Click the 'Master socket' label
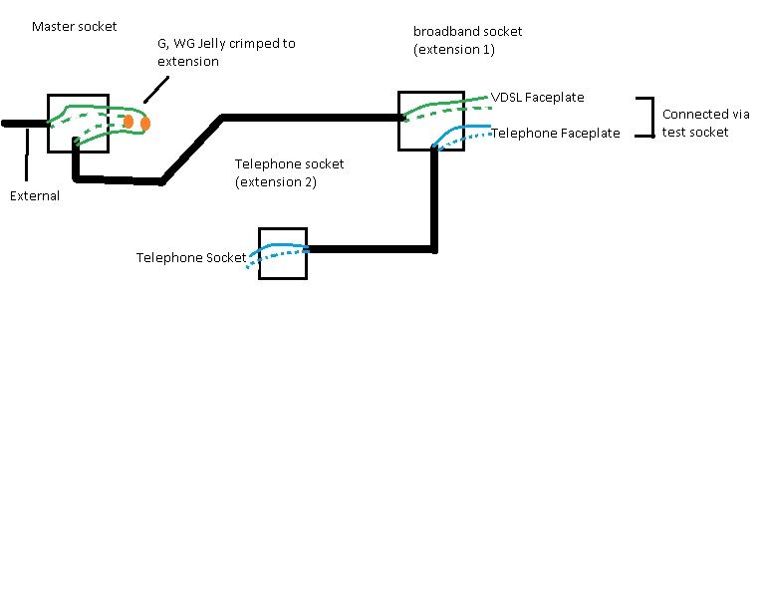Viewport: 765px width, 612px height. [74, 26]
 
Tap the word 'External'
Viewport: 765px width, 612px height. [35, 195]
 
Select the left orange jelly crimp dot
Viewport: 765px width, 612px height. [128, 122]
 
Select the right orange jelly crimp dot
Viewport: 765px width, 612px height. [144, 124]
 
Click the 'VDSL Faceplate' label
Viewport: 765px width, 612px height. [537, 97]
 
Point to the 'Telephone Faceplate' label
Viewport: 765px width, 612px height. [555, 133]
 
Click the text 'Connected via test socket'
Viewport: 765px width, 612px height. [705, 123]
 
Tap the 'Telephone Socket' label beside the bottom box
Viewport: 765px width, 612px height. [191, 258]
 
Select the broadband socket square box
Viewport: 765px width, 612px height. [430, 92]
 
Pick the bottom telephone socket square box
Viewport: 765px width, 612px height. [283, 228]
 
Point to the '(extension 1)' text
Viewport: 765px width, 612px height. [454, 49]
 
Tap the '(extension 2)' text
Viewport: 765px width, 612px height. [276, 182]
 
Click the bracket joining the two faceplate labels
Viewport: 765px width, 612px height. [652, 118]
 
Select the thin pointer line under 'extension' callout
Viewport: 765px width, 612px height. [156, 90]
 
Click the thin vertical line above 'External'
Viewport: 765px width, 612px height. [27, 154]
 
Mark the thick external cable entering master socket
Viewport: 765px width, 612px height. [25, 124]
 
